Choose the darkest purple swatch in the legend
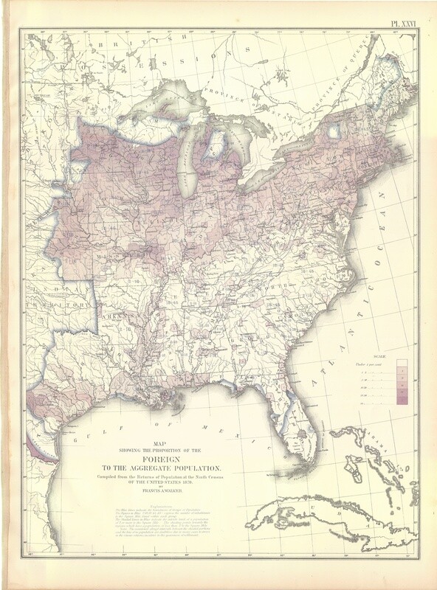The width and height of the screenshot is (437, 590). pos(402,400)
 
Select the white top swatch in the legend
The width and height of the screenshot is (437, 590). pos(402,364)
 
